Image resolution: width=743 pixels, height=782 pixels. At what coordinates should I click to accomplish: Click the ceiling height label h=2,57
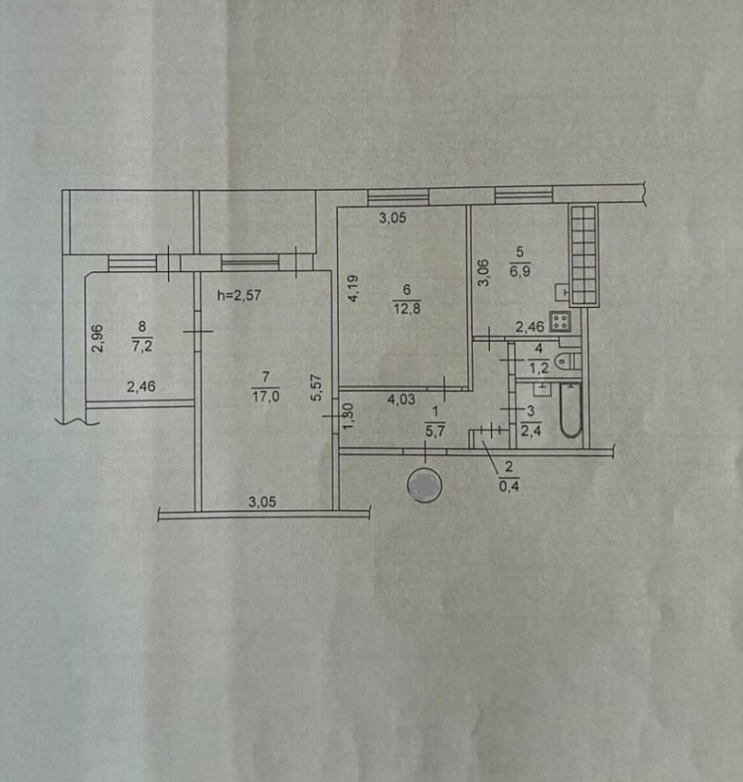coord(239,295)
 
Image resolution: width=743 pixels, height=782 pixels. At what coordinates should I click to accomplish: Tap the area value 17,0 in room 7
coord(266,396)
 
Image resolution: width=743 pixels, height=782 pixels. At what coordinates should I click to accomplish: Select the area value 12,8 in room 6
coord(407,308)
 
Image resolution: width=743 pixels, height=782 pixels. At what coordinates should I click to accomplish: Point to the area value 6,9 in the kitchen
coord(519,271)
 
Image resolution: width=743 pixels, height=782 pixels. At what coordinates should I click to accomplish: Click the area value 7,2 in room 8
coord(142,345)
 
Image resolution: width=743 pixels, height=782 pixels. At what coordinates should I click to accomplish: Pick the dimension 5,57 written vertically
coord(317,387)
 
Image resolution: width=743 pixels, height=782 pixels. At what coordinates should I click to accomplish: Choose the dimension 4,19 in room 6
coord(353,289)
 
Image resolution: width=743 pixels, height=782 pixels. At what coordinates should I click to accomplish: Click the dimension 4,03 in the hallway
coord(401,399)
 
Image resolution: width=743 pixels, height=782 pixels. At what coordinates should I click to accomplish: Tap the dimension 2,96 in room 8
coord(98,339)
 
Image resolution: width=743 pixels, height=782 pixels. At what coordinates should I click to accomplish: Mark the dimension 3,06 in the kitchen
coord(483,272)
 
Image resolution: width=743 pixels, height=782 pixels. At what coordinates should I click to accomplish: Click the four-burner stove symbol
coord(560,321)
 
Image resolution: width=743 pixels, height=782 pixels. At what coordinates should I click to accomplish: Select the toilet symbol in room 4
coord(568,360)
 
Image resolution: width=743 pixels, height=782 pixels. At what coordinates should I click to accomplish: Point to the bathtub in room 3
coord(571,410)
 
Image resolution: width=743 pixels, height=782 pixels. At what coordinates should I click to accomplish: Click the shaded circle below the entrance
coord(424,485)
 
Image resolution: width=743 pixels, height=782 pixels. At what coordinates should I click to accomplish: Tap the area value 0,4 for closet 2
coord(509,485)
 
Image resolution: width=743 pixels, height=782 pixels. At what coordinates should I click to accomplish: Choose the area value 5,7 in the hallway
coord(436,431)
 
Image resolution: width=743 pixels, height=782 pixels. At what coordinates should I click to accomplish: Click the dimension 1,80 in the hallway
coord(349,416)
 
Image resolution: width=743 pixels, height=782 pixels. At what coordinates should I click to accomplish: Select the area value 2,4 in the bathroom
coord(531,430)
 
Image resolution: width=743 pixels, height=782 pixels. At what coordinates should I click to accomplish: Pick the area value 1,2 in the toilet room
coord(539,368)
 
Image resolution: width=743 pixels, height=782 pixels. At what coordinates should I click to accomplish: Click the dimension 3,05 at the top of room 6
coord(393,218)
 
